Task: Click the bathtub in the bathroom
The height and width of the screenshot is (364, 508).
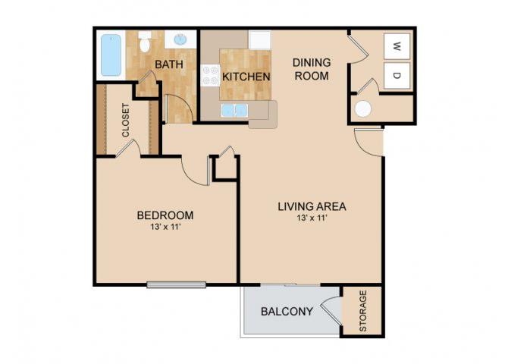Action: click(x=111, y=55)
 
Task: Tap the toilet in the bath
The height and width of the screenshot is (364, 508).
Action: click(x=145, y=42)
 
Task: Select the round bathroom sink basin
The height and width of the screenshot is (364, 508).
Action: click(x=180, y=39)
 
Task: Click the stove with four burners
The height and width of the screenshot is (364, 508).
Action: click(x=210, y=75)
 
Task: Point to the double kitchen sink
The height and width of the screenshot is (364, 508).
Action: click(x=234, y=110)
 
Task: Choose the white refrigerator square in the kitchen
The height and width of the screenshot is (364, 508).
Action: click(x=260, y=40)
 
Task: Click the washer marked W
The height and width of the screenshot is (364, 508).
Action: click(x=397, y=46)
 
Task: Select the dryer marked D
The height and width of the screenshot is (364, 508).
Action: click(x=397, y=76)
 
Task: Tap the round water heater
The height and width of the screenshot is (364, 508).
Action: click(x=362, y=109)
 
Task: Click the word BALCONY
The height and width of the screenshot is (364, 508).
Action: click(x=287, y=312)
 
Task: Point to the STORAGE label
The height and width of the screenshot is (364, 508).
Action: click(x=363, y=311)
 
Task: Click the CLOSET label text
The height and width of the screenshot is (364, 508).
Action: click(x=125, y=120)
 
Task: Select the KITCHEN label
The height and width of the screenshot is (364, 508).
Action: click(x=246, y=77)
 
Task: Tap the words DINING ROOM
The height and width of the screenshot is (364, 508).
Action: click(x=312, y=69)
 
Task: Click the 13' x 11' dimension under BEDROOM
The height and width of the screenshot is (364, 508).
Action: click(x=165, y=227)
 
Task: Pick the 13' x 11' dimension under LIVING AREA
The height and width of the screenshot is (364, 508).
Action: click(x=312, y=218)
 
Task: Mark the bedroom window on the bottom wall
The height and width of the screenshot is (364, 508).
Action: click(x=177, y=285)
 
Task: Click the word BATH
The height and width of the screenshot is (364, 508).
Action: click(x=169, y=64)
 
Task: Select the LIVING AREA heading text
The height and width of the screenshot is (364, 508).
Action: click(x=312, y=206)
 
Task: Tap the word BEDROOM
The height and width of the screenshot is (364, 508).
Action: click(x=165, y=215)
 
